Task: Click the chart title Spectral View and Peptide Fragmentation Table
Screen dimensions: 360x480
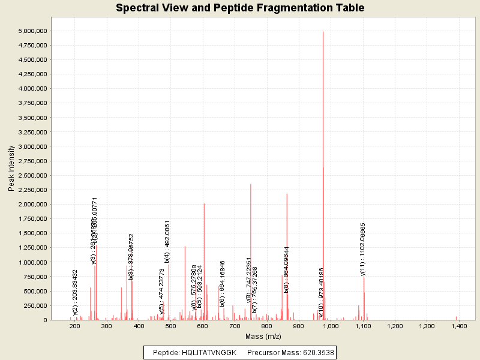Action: click(240, 8)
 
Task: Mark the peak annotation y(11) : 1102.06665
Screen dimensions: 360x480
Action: click(363, 249)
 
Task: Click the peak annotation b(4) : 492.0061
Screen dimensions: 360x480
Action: click(167, 242)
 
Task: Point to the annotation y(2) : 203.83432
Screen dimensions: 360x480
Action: click(75, 292)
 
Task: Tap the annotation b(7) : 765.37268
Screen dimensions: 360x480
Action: click(255, 290)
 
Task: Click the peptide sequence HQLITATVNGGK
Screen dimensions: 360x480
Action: click(211, 352)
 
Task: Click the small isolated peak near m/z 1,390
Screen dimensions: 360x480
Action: click(456, 317)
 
